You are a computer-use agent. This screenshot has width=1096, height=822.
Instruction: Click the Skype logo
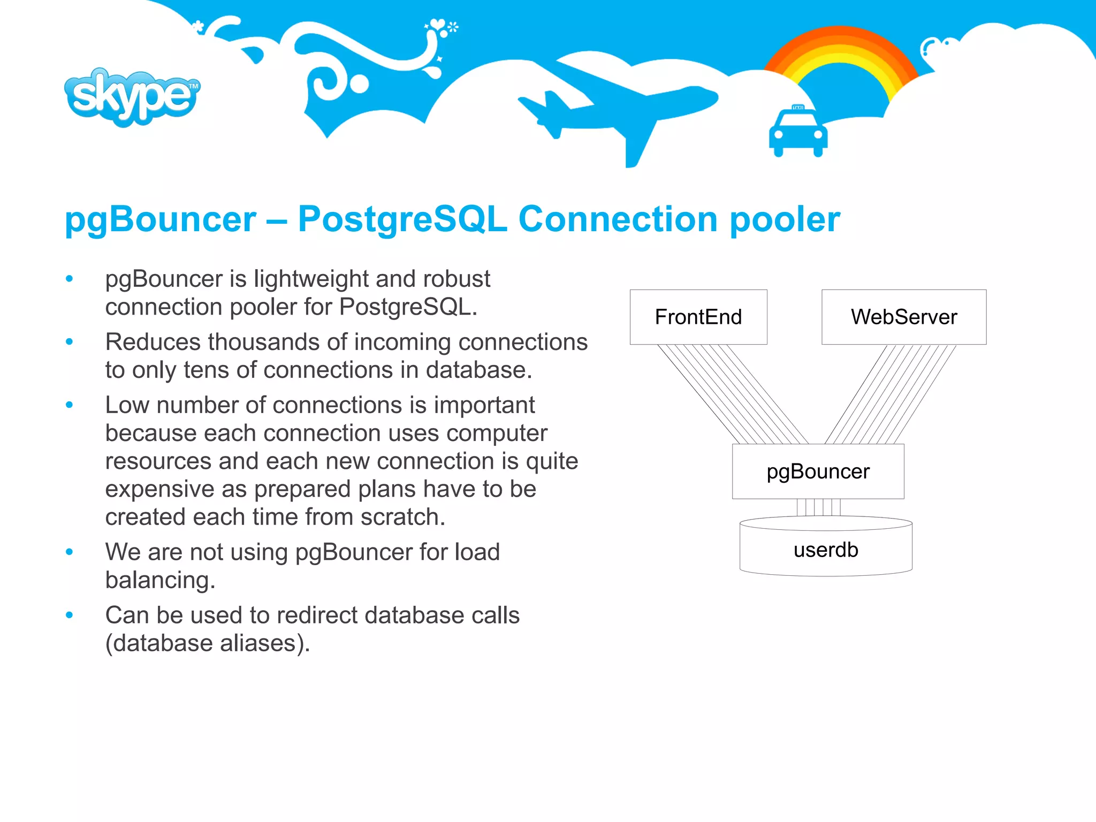132,97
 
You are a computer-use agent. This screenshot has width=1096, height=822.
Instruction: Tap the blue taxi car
798,133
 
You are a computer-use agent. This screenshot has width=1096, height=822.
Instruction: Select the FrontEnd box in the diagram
698,317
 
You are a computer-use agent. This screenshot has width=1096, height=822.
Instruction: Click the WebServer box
904,317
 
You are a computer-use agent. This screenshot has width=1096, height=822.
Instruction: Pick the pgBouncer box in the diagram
818,471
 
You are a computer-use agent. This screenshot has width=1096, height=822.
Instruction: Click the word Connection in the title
618,219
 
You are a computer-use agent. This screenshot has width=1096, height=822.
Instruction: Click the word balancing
159,580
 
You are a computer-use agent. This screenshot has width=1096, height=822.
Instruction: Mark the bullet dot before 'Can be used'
69,615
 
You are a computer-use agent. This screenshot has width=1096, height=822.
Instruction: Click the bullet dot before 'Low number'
69,405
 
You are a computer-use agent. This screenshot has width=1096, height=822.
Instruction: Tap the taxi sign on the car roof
798,108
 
